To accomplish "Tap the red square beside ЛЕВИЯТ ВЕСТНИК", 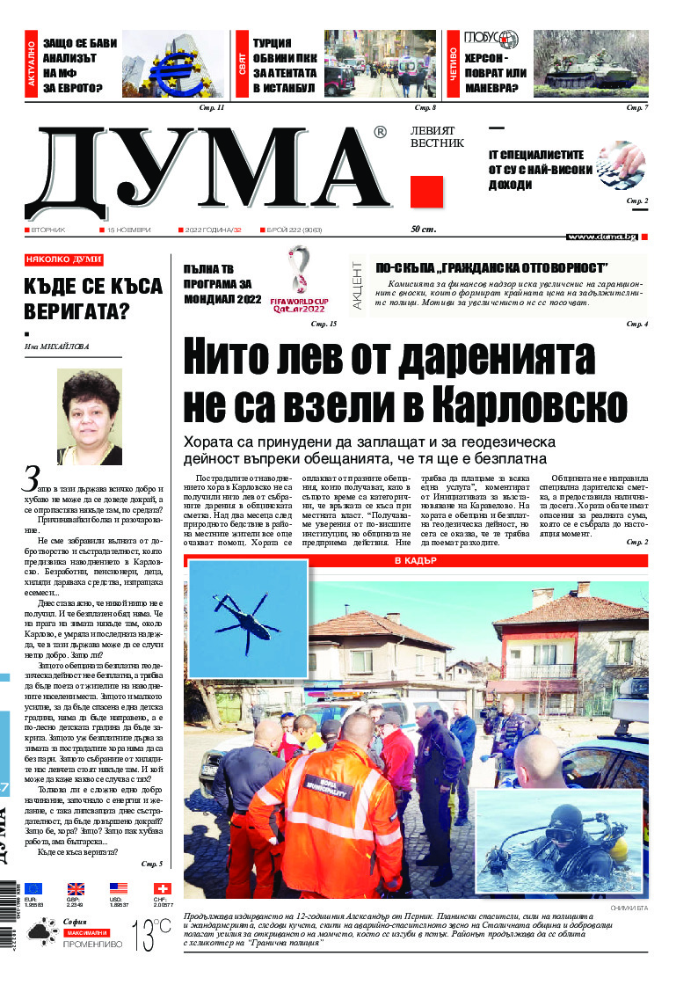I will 426,192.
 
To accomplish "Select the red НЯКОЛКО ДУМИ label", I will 64,260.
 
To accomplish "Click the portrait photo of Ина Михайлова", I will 89,417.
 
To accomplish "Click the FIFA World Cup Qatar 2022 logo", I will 301,281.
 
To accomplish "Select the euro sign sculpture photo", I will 173,64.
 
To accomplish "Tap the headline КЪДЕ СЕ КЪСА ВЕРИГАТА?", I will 93,299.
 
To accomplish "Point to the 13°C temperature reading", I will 151,936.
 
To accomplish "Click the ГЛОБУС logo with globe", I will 491,40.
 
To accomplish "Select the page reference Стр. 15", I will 324,325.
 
